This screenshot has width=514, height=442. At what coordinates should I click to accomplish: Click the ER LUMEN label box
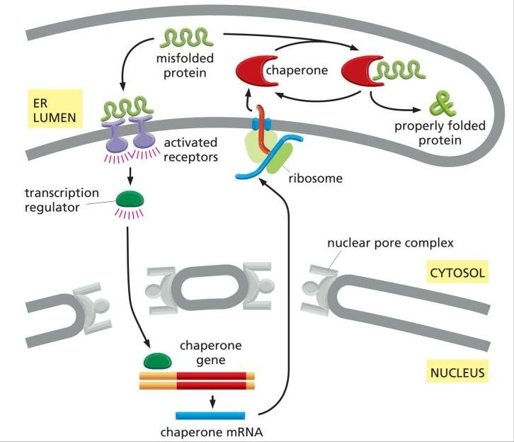pyautogui.click(x=45, y=108)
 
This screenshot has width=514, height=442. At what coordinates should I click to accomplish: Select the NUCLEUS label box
pyautogui.click(x=457, y=371)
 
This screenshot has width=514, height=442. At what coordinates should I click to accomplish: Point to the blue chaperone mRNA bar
pyautogui.click(x=210, y=415)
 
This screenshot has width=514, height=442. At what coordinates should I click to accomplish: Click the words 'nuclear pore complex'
pyautogui.click(x=389, y=244)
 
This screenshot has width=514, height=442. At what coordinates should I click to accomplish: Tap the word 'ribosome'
pyautogui.click(x=315, y=178)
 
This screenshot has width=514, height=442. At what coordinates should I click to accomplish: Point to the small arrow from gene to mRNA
pyautogui.click(x=212, y=402)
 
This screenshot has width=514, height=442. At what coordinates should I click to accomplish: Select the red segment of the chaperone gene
pyautogui.click(x=212, y=381)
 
